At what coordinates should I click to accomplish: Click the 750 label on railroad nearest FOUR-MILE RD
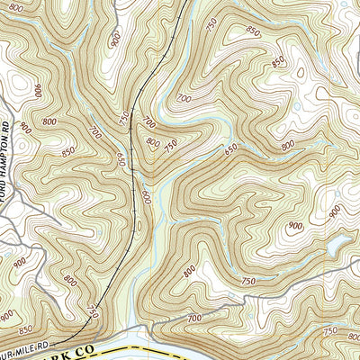(93, 311)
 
